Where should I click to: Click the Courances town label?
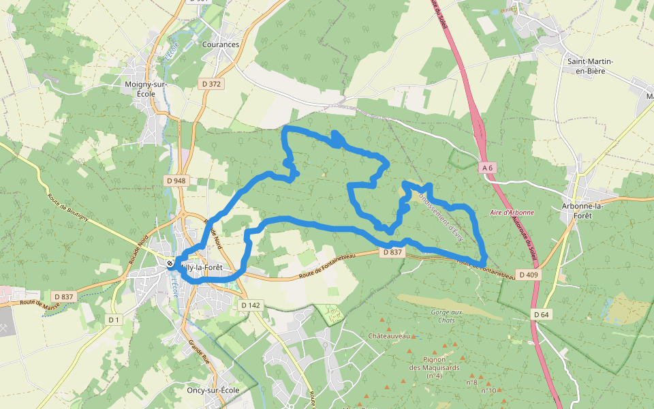coord(221,44)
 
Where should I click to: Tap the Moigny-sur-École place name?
coord(146,89)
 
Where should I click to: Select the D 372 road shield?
coord(213,84)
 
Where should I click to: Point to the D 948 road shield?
coord(176,181)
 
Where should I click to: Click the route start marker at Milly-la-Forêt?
coord(170,264)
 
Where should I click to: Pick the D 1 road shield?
coord(113,320)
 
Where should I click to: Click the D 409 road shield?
coord(528,275)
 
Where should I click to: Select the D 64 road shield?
coord(542,314)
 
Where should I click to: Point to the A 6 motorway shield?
coord(486,167)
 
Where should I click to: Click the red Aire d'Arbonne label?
coord(512,213)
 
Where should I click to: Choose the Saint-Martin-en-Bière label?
coord(591,65)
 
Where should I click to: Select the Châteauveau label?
coord(388,336)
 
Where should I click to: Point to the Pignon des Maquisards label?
coord(434,367)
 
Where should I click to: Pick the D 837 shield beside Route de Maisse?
coord(61,297)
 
